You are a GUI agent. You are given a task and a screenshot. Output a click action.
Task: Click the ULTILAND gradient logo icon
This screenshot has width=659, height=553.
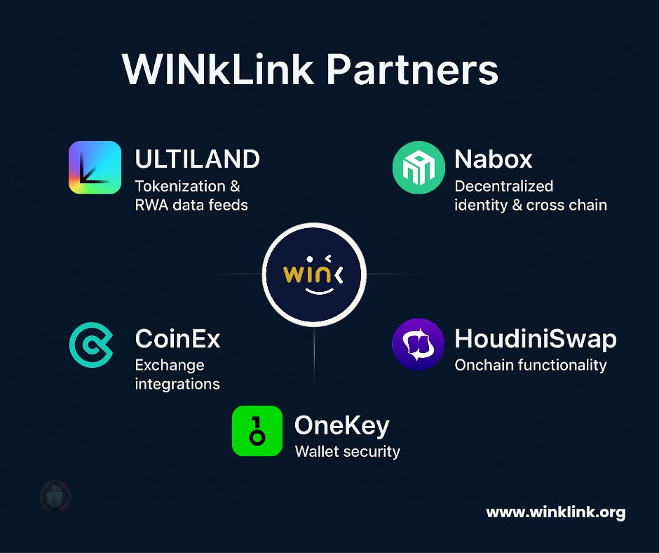pyautogui.click(x=95, y=167)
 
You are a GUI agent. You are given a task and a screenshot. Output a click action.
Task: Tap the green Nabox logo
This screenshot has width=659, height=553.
pyautogui.click(x=419, y=167)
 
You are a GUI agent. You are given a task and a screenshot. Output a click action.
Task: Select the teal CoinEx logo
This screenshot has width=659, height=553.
pyautogui.click(x=91, y=344)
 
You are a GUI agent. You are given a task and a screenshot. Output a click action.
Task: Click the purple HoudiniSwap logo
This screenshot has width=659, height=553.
pyautogui.click(x=418, y=344)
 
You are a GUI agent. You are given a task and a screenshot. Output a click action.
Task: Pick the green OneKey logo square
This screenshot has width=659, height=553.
pyautogui.click(x=257, y=431)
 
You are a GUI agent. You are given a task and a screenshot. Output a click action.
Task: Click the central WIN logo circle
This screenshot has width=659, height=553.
pyautogui.click(x=313, y=274)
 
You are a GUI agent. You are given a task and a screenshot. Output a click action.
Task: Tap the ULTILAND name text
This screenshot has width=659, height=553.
pyautogui.click(x=197, y=159)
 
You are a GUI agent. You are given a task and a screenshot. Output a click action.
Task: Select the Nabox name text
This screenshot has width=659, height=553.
pyautogui.click(x=493, y=159)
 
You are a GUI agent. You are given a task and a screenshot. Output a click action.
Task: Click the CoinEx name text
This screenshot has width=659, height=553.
pyautogui.click(x=177, y=339)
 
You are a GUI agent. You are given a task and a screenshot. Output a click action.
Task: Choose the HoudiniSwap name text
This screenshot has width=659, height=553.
pyautogui.click(x=536, y=339)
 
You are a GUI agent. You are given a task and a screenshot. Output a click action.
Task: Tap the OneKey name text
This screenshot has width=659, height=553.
pyautogui.click(x=341, y=425)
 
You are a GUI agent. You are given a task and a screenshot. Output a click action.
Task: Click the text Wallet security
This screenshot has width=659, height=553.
pyautogui.click(x=347, y=451)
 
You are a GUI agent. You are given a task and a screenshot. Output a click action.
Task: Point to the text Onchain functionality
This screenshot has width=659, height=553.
pyautogui.click(x=530, y=365)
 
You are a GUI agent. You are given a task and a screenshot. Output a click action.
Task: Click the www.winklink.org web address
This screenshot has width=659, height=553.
pyautogui.click(x=555, y=512)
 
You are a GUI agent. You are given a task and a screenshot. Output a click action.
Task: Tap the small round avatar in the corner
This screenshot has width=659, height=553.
pyautogui.click(x=55, y=496)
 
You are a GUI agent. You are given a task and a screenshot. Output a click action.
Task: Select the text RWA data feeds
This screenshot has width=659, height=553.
pyautogui.click(x=191, y=205)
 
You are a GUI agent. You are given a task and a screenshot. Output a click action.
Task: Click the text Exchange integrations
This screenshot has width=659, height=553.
pyautogui.click(x=177, y=375)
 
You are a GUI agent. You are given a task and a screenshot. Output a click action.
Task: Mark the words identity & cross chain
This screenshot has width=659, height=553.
pyautogui.click(x=530, y=205)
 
